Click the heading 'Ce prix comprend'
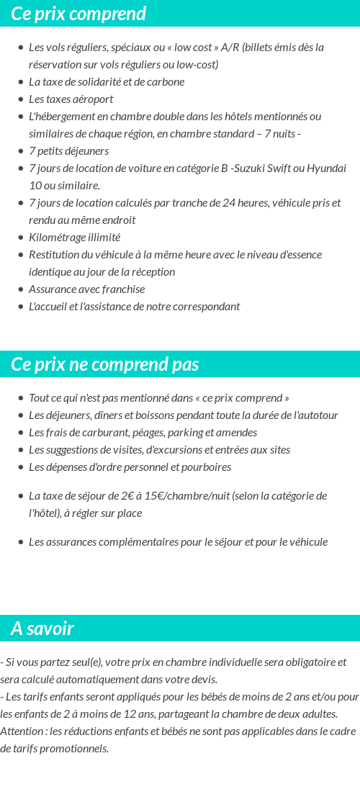click(x=78, y=14)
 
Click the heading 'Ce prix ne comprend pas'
click(x=105, y=364)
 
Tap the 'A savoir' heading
click(x=42, y=629)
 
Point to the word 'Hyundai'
click(x=327, y=168)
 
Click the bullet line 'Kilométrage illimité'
click(x=74, y=238)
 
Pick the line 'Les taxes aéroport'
click(x=71, y=99)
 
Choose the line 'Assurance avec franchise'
click(x=86, y=289)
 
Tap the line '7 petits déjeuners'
click(x=68, y=151)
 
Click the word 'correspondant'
click(x=205, y=307)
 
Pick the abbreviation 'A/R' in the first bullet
click(x=230, y=48)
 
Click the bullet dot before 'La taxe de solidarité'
click(x=21, y=82)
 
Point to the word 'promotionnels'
click(x=75, y=749)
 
